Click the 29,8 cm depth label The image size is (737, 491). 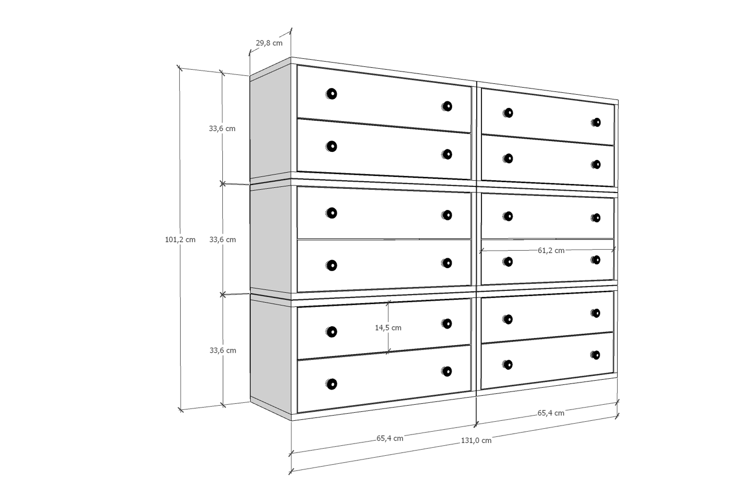tap(269, 43)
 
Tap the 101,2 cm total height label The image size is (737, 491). tap(180, 240)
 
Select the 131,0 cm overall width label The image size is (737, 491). tap(476, 440)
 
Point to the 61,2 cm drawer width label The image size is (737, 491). tap(551, 250)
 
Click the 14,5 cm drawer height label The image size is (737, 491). tap(388, 328)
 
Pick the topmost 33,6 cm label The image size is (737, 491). tap(222, 129)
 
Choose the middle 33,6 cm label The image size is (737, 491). tap(222, 239)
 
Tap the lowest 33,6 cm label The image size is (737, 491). tap(223, 350)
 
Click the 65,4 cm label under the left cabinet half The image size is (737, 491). tap(390, 438)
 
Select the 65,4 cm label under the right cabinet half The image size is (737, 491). tap(551, 413)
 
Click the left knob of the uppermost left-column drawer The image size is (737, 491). tap(331, 94)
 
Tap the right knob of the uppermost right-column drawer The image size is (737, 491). tap(596, 122)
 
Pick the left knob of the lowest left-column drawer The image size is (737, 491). tap(331, 384)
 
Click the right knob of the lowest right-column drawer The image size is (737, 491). tap(596, 355)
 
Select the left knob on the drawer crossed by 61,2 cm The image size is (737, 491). tap(508, 262)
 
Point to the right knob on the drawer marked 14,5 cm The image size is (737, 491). tap(446, 324)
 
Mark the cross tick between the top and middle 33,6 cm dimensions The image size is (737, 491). tap(223, 184)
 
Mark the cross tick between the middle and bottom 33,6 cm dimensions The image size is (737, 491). tap(223, 295)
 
